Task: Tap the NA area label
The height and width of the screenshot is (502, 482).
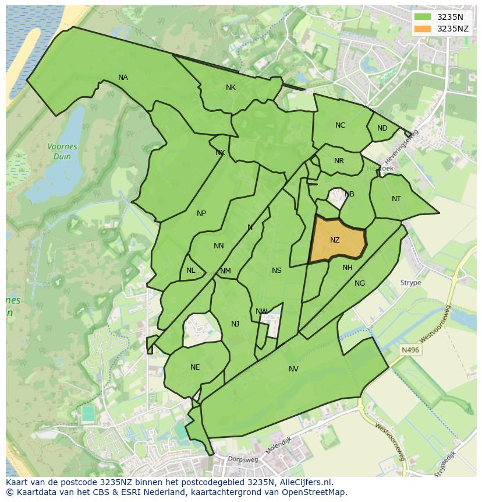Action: (x=123, y=78)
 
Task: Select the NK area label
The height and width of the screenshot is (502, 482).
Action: (x=231, y=87)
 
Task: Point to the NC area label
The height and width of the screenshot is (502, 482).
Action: (x=340, y=125)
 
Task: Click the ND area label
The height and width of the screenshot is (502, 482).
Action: (x=382, y=128)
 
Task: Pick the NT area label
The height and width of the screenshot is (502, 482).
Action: (x=396, y=199)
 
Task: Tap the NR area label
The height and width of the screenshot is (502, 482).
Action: (x=339, y=161)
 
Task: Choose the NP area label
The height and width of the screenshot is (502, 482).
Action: (x=201, y=213)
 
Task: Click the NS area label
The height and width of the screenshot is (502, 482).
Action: (x=277, y=270)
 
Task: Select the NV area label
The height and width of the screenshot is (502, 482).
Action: (x=293, y=368)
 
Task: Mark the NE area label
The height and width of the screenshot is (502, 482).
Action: (x=195, y=367)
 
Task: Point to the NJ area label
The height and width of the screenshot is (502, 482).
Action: (x=235, y=324)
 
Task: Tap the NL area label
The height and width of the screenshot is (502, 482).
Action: (x=191, y=271)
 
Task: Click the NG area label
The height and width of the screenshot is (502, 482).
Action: (x=360, y=283)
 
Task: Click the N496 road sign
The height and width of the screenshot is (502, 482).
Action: (x=410, y=350)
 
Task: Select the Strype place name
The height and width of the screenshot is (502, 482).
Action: (x=410, y=283)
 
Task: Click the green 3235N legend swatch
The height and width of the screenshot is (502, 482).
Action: (x=423, y=17)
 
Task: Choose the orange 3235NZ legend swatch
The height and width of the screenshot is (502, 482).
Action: (x=423, y=29)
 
